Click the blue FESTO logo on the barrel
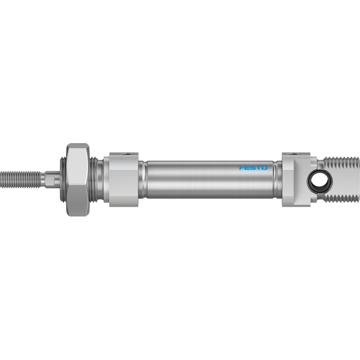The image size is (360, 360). coord(253,168)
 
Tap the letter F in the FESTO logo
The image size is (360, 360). coord(242,168)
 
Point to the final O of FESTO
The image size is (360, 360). coord(265,168)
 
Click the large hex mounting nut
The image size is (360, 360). coord(77,180)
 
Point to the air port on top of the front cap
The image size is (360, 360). coord(123,153)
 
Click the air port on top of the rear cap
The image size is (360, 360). coord(296,153)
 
